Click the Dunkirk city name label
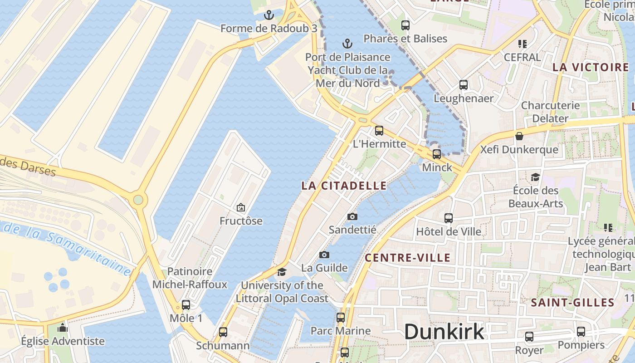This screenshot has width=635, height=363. pos(444,332)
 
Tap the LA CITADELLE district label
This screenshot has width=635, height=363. pos(344,186)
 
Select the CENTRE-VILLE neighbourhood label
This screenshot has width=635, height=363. pos(408,258)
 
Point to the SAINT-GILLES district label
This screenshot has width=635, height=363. pos(572,303)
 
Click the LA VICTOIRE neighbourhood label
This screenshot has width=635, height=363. pos(591,68)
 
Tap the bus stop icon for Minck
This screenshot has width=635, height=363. pos(437,154)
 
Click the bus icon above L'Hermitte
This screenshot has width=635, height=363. pos(379,131)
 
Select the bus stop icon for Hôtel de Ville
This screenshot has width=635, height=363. pos(449,218)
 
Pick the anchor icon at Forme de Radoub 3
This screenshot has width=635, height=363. pos(269,15)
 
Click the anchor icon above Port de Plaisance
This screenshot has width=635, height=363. pos(347,44)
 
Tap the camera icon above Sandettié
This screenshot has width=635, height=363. pos(352,217)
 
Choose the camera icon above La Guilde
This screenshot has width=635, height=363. pos(324,255)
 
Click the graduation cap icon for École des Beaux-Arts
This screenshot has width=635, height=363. pos(536,177)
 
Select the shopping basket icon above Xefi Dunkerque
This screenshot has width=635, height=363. pos(519,136)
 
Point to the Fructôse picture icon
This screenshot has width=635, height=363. pos(241,208)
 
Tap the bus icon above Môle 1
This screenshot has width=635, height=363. pos(186,305)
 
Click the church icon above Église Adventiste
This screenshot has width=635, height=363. pos(63,328)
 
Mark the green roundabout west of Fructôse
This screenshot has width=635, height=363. pos(138,200)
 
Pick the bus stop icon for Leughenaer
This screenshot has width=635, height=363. pos(464,85)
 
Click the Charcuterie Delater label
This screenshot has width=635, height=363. pos(550,112)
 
